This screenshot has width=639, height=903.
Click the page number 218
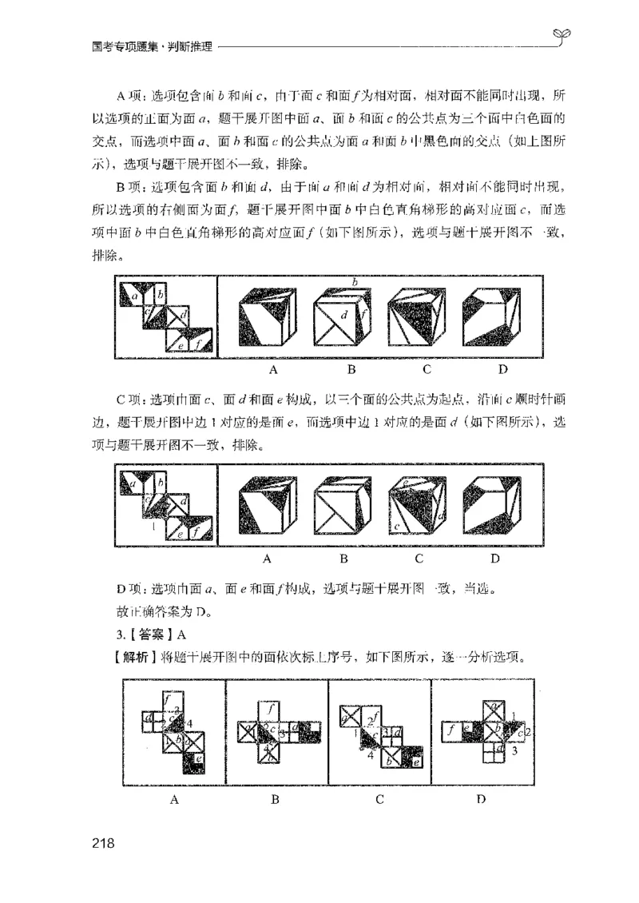coord(105,843)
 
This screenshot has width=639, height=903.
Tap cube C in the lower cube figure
coord(417,510)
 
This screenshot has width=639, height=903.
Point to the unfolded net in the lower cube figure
coord(166,508)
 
